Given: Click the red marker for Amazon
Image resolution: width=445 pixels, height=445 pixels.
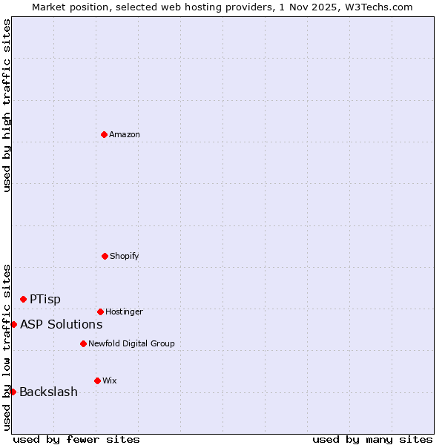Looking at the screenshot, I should pyautogui.click(x=104, y=134).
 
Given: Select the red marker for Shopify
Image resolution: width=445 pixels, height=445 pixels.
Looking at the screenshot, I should pyautogui.click(x=105, y=256).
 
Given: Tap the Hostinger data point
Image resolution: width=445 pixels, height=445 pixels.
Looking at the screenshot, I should pyautogui.click(x=100, y=311).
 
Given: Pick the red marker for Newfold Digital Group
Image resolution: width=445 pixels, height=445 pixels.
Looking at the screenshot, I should pyautogui.click(x=83, y=343).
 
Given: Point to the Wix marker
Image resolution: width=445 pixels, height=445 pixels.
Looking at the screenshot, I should pyautogui.click(x=97, y=380).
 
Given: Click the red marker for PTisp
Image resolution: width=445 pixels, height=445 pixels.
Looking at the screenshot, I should pyautogui.click(x=23, y=299).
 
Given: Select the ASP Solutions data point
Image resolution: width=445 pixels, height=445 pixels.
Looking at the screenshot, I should pyautogui.click(x=13, y=324).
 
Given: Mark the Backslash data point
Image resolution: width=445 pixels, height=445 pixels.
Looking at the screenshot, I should pyautogui.click(x=13, y=392).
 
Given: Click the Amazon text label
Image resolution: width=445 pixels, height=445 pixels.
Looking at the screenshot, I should pyautogui.click(x=125, y=134).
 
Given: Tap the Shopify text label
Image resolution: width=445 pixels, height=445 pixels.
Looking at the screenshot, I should pyautogui.click(x=125, y=256).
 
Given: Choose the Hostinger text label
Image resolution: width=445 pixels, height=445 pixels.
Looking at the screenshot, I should pyautogui.click(x=124, y=311).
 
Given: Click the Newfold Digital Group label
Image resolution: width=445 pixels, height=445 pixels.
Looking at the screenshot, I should pyautogui.click(x=131, y=343).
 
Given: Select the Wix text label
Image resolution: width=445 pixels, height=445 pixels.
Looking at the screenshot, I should pyautogui.click(x=110, y=380).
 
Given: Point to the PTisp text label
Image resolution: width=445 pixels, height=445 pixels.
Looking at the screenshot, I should pyautogui.click(x=45, y=299).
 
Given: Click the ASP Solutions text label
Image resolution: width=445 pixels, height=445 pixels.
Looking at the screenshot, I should pyautogui.click(x=61, y=324).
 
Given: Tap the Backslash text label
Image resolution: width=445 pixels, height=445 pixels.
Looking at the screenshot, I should pyautogui.click(x=48, y=392).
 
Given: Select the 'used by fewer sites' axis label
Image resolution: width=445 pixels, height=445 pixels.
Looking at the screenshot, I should pyautogui.click(x=76, y=439).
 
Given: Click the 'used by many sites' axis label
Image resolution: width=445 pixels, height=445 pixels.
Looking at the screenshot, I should pyautogui.click(x=372, y=439).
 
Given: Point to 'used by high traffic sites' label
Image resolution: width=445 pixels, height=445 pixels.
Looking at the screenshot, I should pyautogui.click(x=7, y=105).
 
